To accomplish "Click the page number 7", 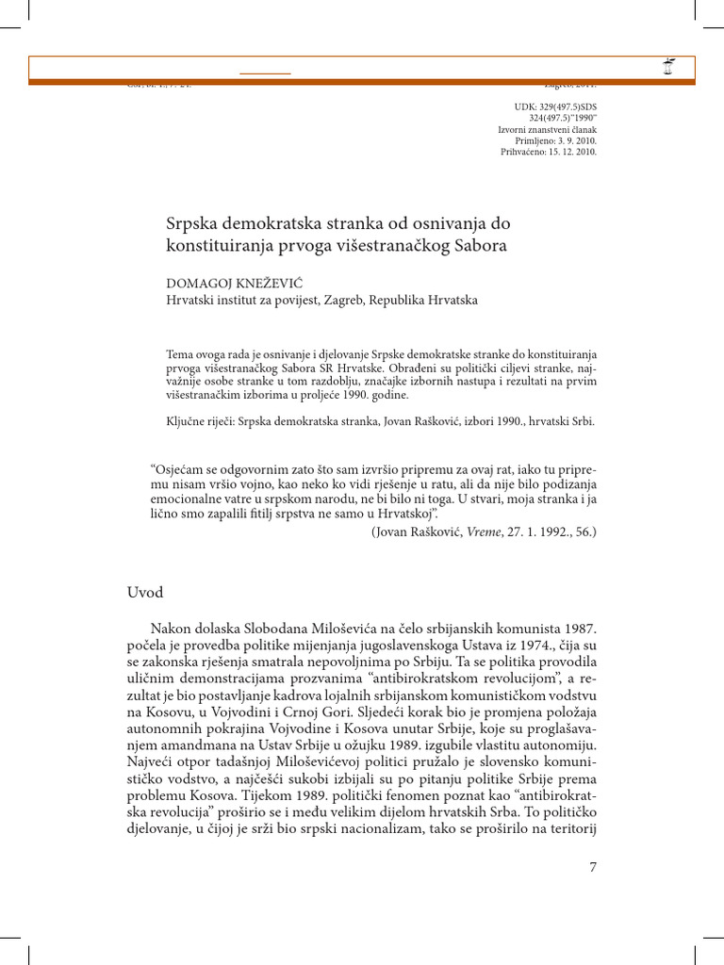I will [593, 867].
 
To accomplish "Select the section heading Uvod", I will [146, 592].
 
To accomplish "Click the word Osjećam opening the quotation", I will [183, 469].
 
